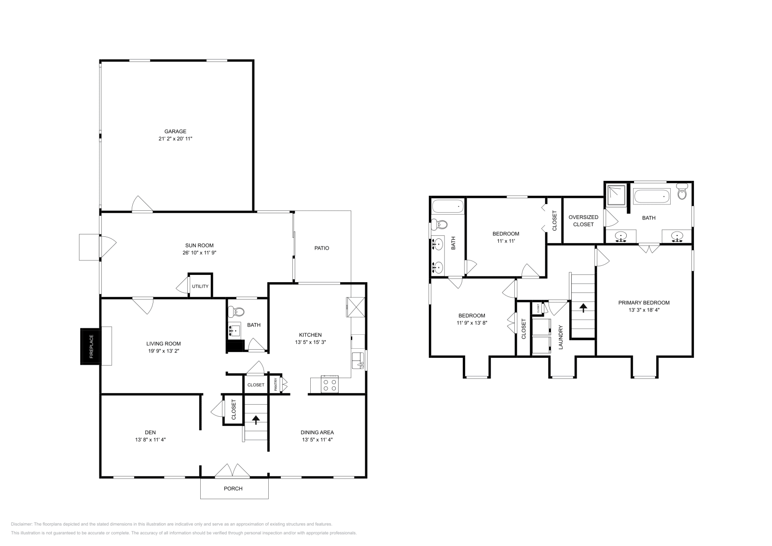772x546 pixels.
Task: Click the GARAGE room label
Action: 175,131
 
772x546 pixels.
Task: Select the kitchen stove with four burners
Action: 330,385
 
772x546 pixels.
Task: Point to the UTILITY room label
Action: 200,287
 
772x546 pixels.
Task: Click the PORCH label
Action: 233,489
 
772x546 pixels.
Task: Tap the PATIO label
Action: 322,248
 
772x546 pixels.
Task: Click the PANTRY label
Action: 276,384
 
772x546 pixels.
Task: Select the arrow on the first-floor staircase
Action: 256,419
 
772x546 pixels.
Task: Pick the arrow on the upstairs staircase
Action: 583,307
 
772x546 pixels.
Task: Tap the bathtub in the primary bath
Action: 652,196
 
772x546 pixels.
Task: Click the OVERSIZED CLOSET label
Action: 583,220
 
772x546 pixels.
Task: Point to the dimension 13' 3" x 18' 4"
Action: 644,310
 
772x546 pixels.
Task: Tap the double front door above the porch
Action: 233,471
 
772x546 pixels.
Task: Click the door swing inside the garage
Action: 142,205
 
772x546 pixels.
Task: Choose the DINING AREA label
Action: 317,432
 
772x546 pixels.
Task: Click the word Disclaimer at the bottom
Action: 21,524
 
